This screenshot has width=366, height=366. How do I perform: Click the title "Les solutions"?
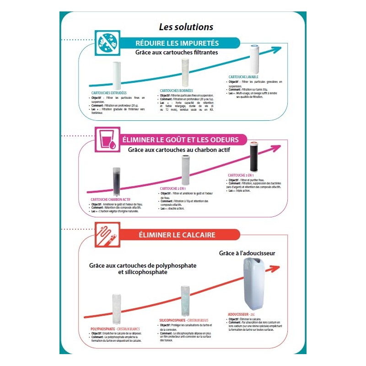[x=186, y=27]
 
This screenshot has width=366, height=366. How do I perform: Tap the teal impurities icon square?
[x=107, y=43]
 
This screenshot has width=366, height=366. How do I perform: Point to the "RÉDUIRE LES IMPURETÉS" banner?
[x=177, y=43]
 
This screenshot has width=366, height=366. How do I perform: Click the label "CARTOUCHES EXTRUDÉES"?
[x=106, y=93]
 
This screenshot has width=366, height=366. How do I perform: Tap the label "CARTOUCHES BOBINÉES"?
[x=176, y=91]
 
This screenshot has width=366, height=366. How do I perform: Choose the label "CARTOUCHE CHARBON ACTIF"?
[x=110, y=199]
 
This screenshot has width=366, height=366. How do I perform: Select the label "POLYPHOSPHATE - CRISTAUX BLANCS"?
[x=115, y=329]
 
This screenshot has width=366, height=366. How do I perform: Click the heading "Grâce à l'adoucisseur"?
[x=247, y=253]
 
